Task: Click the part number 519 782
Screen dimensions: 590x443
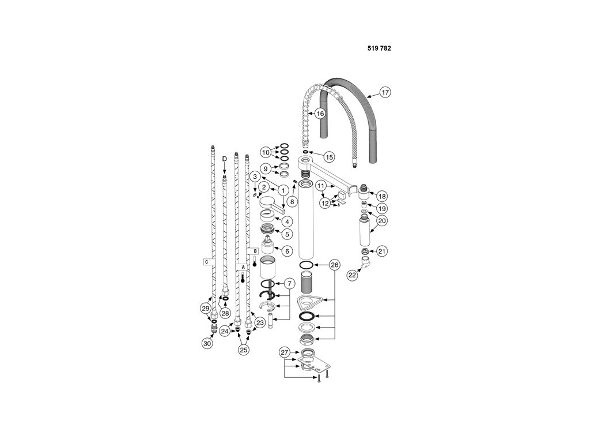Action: coord(379,48)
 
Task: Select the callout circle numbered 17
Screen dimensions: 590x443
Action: coord(385,92)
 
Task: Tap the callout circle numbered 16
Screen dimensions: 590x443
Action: coord(319,114)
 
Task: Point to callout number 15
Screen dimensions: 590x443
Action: coord(329,157)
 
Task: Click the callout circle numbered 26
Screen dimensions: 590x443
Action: coord(334,265)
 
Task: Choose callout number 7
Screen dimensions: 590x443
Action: coord(289,283)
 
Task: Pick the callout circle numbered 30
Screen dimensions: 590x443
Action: coord(207,343)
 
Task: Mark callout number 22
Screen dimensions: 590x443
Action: coord(352,275)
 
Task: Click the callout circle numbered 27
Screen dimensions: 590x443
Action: coord(285,352)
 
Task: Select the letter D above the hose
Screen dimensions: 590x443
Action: coord(224,159)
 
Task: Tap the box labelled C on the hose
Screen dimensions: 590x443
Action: coord(206,261)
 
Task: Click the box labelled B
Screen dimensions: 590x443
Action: coord(255,250)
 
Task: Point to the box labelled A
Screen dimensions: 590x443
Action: coord(243,266)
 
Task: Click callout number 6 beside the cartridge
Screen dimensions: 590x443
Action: coord(287,250)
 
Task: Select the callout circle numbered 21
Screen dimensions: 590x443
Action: coord(382,251)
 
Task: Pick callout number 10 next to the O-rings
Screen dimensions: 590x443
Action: coord(266,152)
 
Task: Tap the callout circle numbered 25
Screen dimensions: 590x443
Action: coord(244,349)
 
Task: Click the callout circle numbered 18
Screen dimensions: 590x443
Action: coord(382,196)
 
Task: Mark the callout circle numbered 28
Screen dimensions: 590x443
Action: coord(225,313)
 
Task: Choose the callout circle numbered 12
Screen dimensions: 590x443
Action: coord(326,204)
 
